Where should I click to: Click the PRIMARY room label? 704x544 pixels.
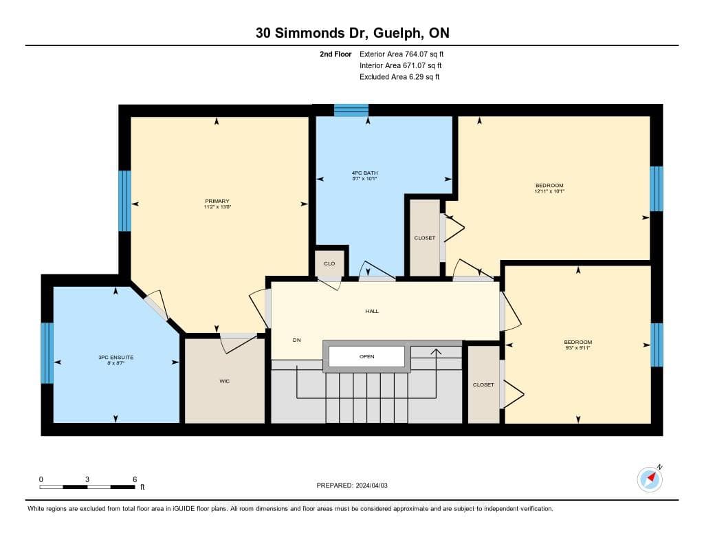(x=217, y=202)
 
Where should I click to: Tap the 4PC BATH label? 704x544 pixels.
(x=364, y=173)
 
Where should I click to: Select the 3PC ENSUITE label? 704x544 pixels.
(x=115, y=358)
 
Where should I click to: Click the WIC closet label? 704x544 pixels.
(x=225, y=382)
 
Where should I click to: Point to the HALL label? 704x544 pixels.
(x=372, y=311)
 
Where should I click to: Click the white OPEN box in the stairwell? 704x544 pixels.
(x=367, y=357)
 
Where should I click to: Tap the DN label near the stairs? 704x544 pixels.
(x=297, y=340)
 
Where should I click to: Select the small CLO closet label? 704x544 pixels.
(x=329, y=263)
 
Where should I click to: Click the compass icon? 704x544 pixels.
(x=650, y=479)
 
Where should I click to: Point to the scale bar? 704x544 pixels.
(x=87, y=487)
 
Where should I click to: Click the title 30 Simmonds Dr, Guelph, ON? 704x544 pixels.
(x=353, y=33)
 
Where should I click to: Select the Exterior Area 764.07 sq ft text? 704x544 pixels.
(x=401, y=54)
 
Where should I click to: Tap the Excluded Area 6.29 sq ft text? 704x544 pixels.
(x=399, y=77)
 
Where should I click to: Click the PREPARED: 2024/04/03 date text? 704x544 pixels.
(x=352, y=486)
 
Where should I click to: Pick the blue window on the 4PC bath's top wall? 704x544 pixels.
(x=351, y=110)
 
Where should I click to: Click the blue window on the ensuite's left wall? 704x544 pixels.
(x=47, y=353)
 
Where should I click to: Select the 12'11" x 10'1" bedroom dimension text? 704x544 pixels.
(x=549, y=191)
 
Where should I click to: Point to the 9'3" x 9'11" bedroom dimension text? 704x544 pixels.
(x=577, y=348)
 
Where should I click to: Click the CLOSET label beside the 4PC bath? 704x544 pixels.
(x=425, y=238)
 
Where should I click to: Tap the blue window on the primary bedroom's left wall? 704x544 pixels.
(x=125, y=201)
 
